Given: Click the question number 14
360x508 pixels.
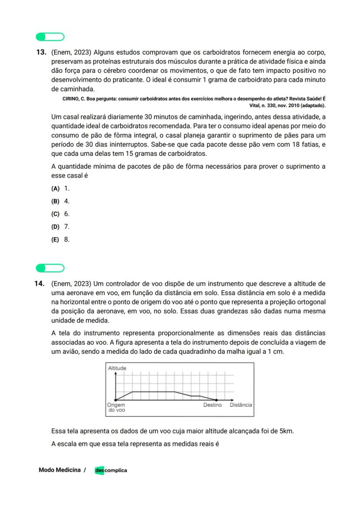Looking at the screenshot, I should click(x=40, y=284).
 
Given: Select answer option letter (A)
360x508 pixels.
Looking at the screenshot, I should click(x=55, y=189).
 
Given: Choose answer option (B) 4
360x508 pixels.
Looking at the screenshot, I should click(x=60, y=201).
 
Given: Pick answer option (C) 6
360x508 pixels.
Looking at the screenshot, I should click(x=60, y=214).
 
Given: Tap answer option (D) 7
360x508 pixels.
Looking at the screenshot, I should click(x=60, y=226).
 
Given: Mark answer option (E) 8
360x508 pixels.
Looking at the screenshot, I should click(x=60, y=239).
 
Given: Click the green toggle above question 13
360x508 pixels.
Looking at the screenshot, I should click(x=50, y=37).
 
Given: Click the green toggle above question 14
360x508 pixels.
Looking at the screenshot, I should click(x=50, y=268).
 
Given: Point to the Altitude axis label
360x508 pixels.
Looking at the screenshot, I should click(x=117, y=368).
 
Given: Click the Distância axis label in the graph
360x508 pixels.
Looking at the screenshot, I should click(x=240, y=405).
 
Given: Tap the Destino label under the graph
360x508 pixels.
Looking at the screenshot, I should click(x=213, y=405).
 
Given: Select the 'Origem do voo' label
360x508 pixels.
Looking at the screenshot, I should click(x=116, y=407).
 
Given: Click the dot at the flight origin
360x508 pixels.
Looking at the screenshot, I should click(x=116, y=400).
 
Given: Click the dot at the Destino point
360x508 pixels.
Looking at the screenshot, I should click(x=217, y=400).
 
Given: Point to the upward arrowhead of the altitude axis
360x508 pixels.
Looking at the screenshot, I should click(x=116, y=373).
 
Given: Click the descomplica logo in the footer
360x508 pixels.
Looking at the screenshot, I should click(x=111, y=470).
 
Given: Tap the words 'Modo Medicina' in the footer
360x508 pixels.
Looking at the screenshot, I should click(x=60, y=470).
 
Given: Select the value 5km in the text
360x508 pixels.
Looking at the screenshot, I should click(x=286, y=431).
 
